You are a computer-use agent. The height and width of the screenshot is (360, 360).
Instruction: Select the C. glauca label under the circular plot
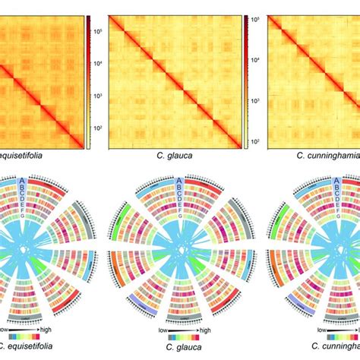(179, 352)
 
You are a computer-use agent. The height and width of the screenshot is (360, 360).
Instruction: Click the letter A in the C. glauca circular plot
(179, 180)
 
